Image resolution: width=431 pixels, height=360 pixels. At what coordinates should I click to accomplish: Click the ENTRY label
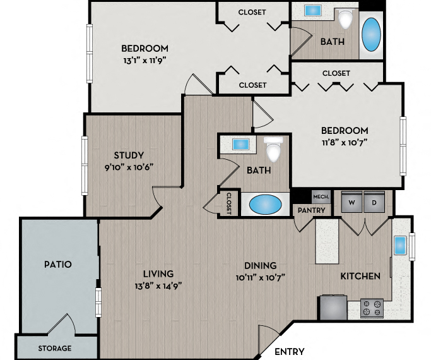pyautogui.click(x=290, y=352)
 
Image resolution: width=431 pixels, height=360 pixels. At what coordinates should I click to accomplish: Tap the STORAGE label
pyautogui.click(x=56, y=348)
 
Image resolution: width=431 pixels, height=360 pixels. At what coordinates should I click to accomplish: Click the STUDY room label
pyautogui.click(x=129, y=155)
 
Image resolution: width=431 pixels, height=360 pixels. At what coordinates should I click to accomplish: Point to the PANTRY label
pyautogui.click(x=311, y=210)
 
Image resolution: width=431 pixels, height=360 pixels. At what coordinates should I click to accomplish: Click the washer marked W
pyautogui.click(x=351, y=202)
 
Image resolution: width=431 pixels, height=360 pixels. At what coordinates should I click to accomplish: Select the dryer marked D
pyautogui.click(x=374, y=202)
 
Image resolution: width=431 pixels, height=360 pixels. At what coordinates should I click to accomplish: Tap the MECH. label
pyautogui.click(x=321, y=196)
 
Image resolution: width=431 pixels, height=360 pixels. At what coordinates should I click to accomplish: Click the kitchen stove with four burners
pyautogui.click(x=372, y=308)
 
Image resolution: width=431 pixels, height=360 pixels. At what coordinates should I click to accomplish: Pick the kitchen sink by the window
pyautogui.click(x=400, y=244)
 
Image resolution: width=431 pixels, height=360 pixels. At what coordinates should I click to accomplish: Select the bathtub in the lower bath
pyautogui.click(x=265, y=205)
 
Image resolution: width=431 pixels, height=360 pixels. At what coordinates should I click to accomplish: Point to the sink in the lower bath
pyautogui.click(x=240, y=144)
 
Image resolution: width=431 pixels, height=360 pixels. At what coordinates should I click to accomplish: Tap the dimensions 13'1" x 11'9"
pyautogui.click(x=145, y=61)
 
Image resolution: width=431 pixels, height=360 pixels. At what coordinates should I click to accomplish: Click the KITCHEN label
pyautogui.click(x=360, y=276)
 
